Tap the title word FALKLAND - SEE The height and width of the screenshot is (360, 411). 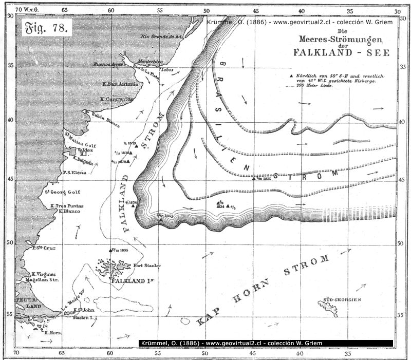pos(341,52)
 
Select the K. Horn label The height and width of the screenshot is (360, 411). pos(53,332)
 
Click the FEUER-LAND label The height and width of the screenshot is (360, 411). pos(25,301)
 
